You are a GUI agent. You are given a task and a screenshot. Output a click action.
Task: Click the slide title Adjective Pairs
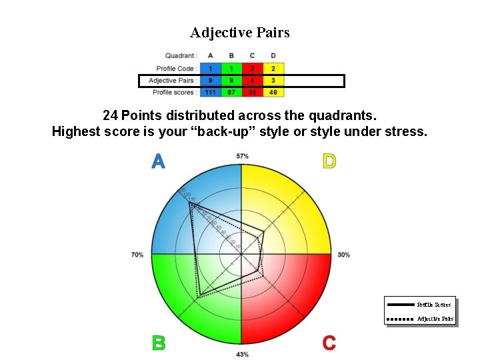(240, 33)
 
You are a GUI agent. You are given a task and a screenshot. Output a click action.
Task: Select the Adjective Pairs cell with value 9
(211, 81)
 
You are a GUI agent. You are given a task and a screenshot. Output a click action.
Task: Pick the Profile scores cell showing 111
(211, 93)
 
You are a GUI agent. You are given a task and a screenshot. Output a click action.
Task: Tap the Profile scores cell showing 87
(231, 93)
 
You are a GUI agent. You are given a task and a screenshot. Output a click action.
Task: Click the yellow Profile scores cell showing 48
(273, 93)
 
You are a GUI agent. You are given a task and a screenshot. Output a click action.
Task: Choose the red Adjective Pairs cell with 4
(252, 81)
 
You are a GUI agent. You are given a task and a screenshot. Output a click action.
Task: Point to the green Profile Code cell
(231, 69)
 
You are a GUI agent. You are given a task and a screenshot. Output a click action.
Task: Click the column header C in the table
(252, 56)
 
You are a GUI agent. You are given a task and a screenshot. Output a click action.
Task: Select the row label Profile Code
(175, 69)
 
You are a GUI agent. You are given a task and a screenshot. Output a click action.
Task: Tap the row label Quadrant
(181, 56)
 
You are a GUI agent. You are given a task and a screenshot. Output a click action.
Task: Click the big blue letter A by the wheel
(158, 161)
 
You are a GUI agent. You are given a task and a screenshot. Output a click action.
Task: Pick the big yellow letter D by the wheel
(329, 161)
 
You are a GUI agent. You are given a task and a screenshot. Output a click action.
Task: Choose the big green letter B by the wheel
(158, 343)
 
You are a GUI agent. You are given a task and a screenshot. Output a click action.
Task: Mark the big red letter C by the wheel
(329, 343)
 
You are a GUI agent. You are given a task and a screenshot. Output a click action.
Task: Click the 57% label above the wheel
(242, 156)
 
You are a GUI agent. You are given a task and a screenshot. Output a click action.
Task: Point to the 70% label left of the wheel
(137, 255)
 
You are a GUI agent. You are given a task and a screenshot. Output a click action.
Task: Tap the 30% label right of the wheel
(344, 255)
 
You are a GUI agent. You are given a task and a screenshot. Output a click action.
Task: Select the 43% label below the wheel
(242, 354)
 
